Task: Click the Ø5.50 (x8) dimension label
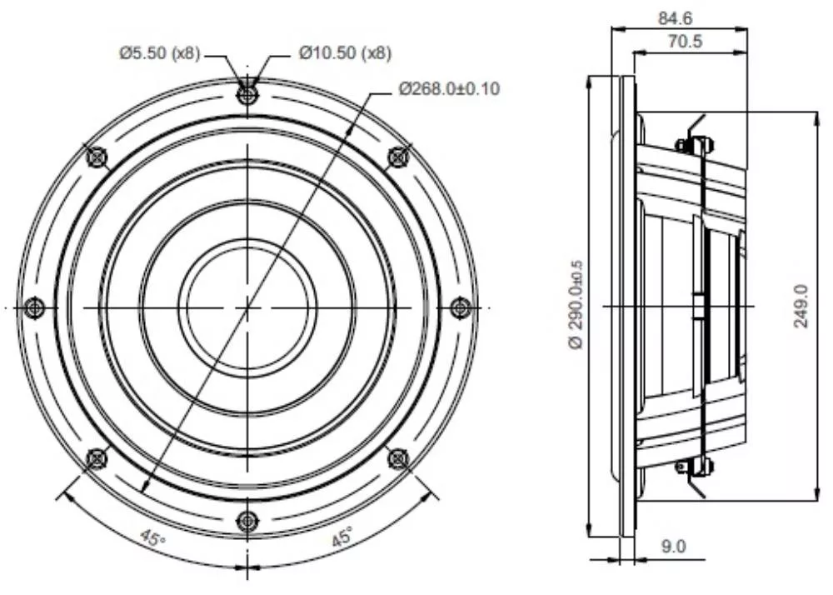[160, 53]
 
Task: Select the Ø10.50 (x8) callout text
[346, 53]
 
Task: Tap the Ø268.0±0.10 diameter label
[450, 88]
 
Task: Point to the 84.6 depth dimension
[676, 18]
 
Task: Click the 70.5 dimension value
[685, 41]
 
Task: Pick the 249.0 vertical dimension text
[801, 307]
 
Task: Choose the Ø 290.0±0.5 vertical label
[577, 304]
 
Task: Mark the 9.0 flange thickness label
[673, 546]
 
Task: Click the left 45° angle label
[153, 538]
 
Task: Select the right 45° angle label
[342, 537]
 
